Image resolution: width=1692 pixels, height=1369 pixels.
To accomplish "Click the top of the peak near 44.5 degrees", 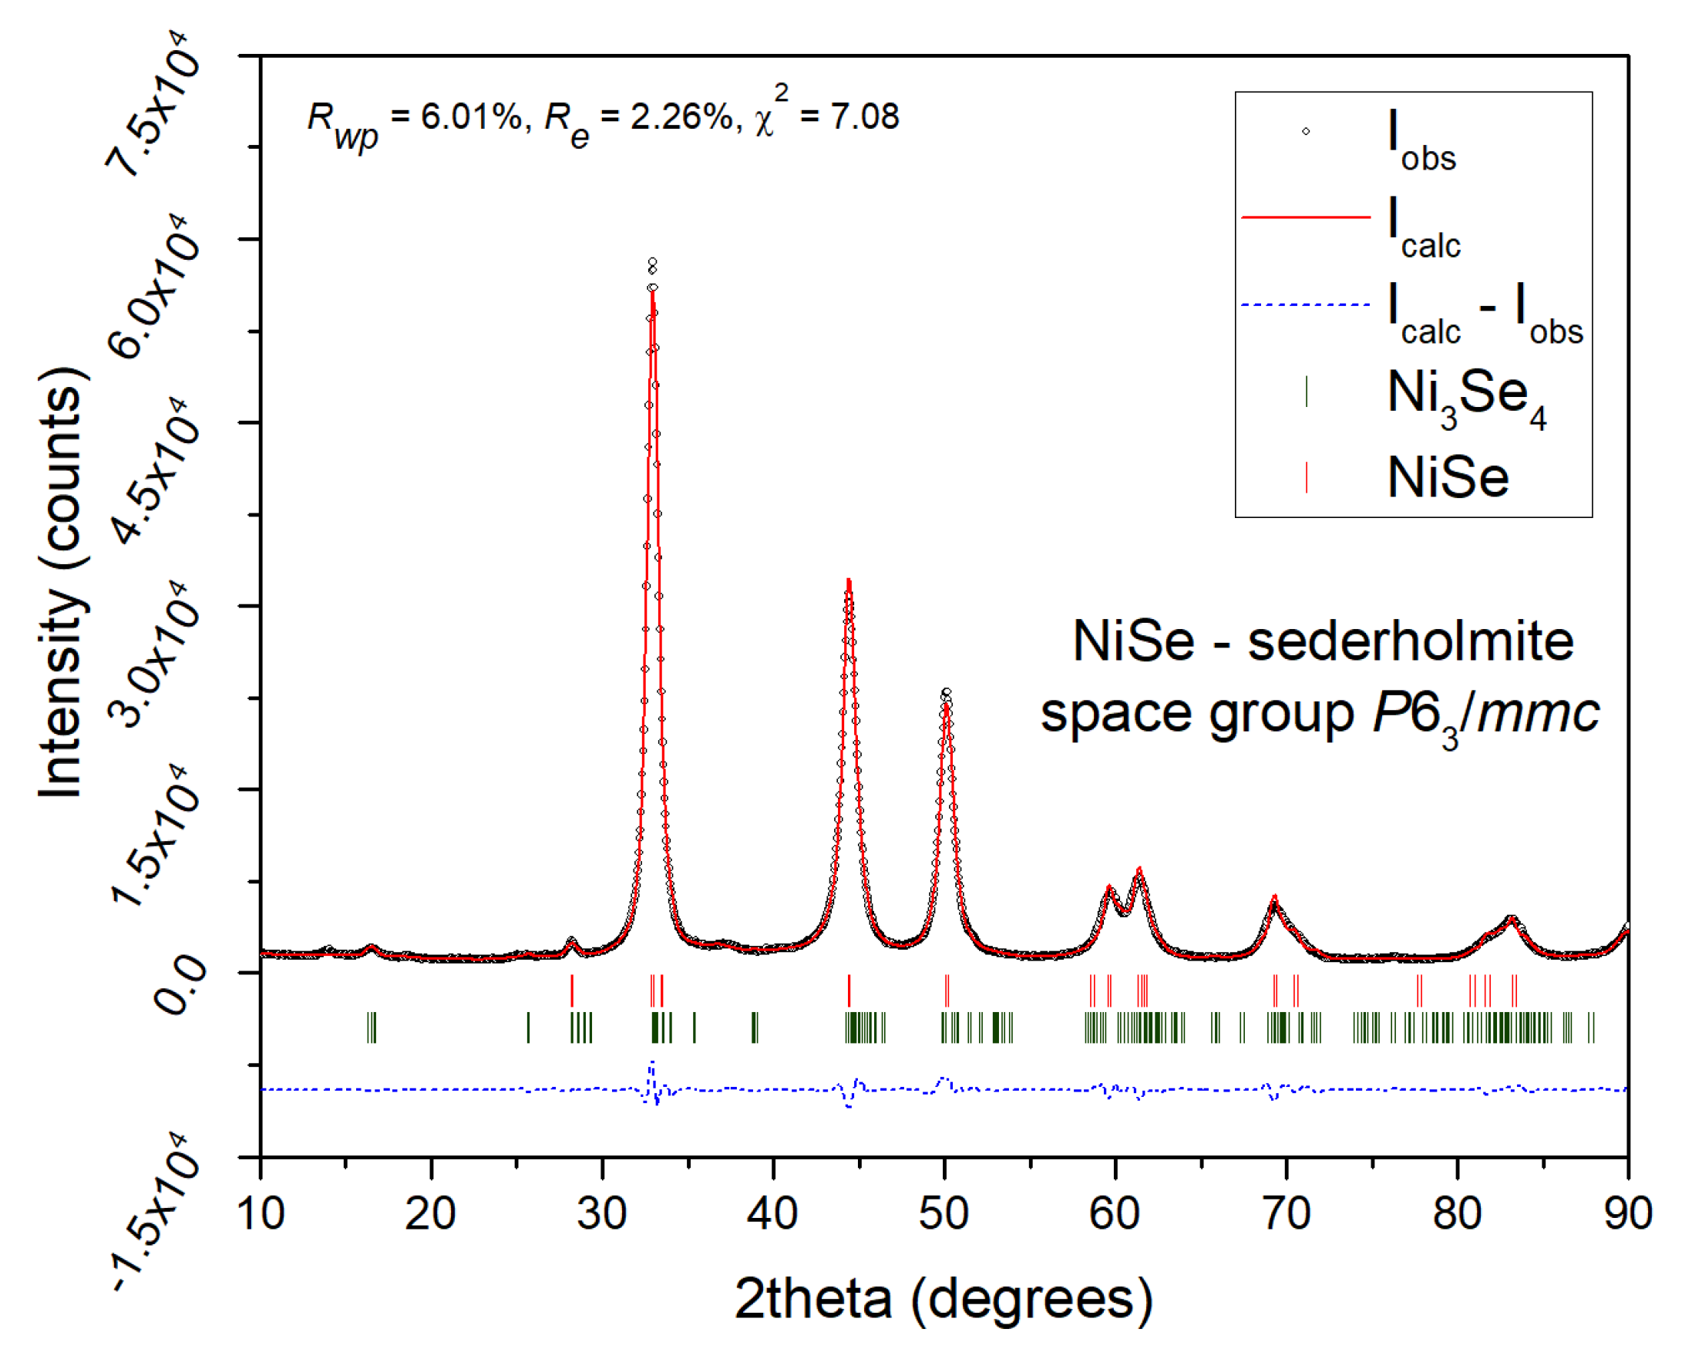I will [849, 582].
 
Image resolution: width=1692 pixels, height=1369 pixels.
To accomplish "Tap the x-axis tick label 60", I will [1115, 1213].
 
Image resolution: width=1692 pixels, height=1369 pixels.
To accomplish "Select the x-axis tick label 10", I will [261, 1213].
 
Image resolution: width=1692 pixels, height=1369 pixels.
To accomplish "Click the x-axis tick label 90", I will [1627, 1213].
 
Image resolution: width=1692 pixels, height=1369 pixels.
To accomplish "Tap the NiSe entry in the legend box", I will [1448, 478].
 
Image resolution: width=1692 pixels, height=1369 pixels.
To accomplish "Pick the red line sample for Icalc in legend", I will [1306, 217].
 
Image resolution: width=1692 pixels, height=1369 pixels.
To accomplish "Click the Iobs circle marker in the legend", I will [1306, 131].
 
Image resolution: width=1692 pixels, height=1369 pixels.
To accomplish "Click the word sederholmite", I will [1411, 641].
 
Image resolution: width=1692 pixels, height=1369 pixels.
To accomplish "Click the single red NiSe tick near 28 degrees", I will [572, 991].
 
